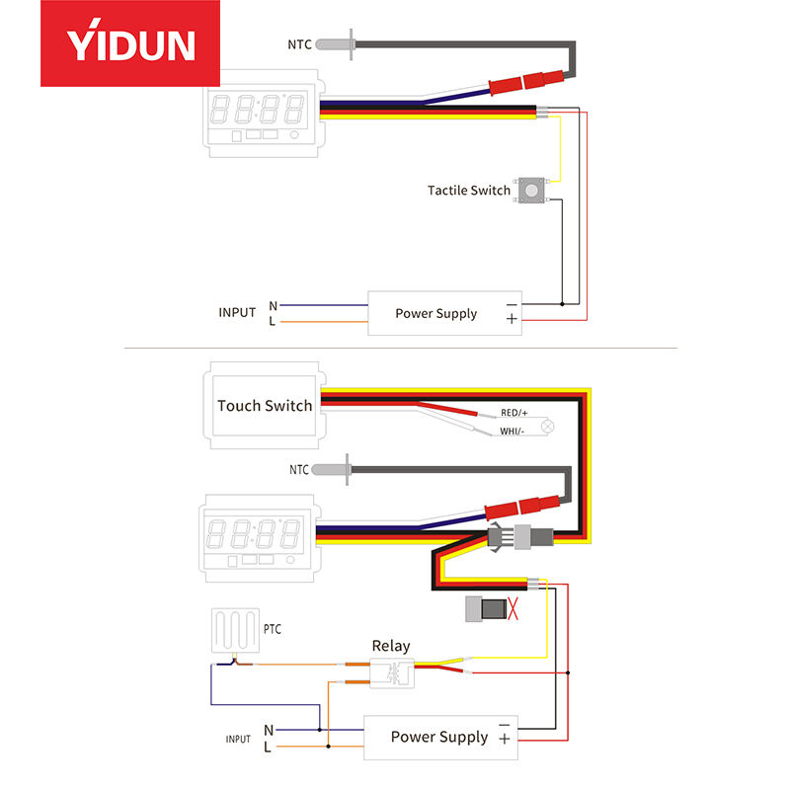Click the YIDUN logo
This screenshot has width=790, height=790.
click(x=130, y=43)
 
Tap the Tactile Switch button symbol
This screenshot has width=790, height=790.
click(x=533, y=189)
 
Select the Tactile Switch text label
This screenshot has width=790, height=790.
click(x=469, y=190)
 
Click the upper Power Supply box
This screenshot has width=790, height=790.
click(x=445, y=313)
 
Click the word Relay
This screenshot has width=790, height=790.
click(x=390, y=646)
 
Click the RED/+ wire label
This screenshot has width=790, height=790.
click(x=514, y=412)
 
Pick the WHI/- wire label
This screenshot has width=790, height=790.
click(x=513, y=432)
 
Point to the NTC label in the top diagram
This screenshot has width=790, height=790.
click(x=299, y=44)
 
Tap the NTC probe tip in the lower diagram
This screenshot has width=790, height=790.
click(x=349, y=468)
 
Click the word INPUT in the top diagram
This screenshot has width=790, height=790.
click(x=237, y=313)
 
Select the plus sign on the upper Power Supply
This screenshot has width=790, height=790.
click(x=511, y=319)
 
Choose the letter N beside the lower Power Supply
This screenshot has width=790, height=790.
click(x=269, y=730)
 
